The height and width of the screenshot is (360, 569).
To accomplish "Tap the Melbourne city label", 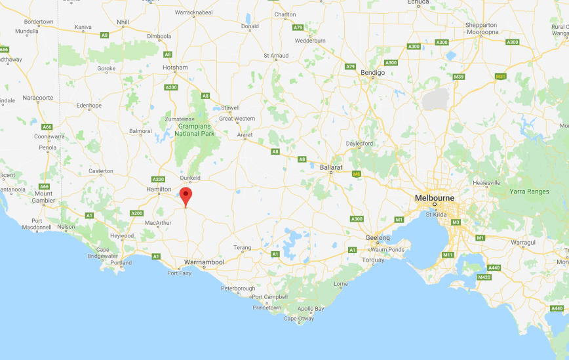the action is pos(434,197).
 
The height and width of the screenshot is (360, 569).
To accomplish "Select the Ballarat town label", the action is pos(332,168).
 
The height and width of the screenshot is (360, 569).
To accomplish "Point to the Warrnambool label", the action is pos(205,262).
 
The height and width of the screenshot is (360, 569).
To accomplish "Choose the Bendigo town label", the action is pos(373,73).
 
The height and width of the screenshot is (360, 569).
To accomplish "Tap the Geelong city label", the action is pos(378,238).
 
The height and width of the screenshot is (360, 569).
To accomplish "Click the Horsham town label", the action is pos(176,68).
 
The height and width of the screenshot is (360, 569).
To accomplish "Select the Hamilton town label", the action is pos(159,189).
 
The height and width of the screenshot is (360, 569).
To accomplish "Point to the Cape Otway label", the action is pos(298,319).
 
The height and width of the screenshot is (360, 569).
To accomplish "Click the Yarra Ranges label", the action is pos(529,191).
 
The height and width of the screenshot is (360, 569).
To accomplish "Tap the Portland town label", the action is pos(121,263).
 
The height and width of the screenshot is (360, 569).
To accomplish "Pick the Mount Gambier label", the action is pos(44,197).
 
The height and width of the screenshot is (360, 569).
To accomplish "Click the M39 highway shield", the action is pos(459,77).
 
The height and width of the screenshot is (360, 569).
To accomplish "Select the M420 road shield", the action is pos(484,277).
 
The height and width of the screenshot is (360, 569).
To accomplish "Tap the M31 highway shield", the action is pos(500,77).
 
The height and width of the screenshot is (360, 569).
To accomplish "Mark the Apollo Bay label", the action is pos(311,308).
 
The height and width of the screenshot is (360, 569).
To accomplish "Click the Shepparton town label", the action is pos(481,25).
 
